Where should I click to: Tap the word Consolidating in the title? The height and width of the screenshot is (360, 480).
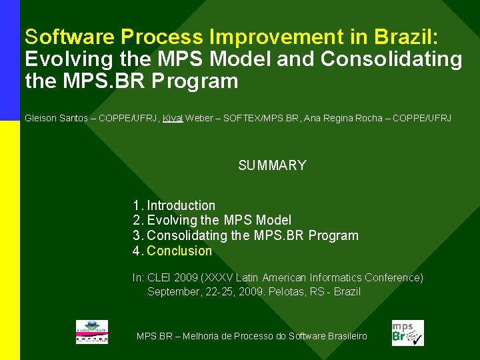pyautogui.click(x=391, y=59)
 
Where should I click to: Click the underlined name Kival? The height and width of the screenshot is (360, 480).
pyautogui.click(x=173, y=118)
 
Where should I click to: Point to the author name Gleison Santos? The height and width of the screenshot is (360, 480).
pyautogui.click(x=56, y=118)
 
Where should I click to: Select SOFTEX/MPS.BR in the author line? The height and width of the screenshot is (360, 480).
pyautogui.click(x=262, y=118)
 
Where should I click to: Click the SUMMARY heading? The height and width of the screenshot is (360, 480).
pyautogui.click(x=272, y=165)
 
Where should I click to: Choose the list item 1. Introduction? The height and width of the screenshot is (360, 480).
pyautogui.click(x=174, y=205)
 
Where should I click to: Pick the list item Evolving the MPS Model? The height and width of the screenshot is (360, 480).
pyautogui.click(x=219, y=220)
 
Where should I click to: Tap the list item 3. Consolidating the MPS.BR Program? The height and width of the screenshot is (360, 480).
pyautogui.click(x=245, y=235)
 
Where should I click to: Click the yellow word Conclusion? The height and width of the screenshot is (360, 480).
pyautogui.click(x=179, y=251)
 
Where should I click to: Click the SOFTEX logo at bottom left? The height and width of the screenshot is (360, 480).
pyautogui.click(x=91, y=332)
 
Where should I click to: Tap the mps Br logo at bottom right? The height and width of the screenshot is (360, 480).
pyautogui.click(x=407, y=333)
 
